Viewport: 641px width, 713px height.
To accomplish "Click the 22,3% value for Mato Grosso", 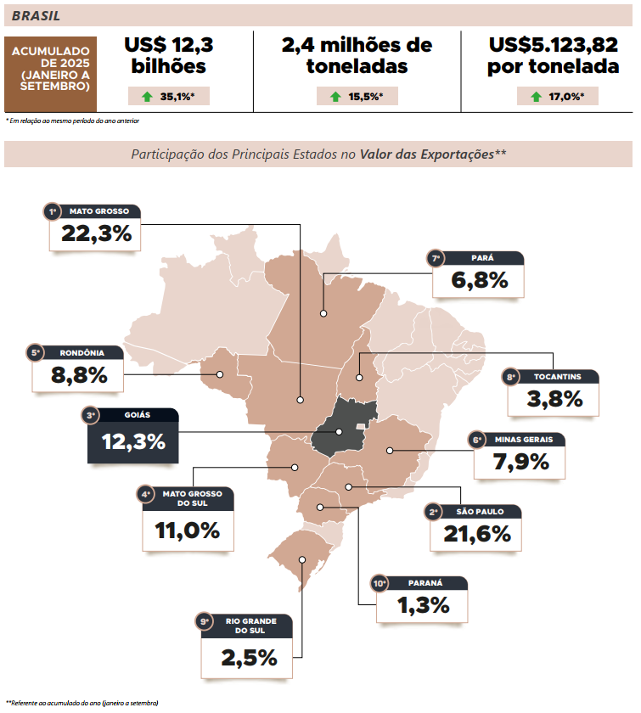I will coord(96,233).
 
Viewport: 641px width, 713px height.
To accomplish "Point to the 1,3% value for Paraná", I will coord(423,605).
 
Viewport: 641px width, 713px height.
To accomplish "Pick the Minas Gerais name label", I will coord(526,440).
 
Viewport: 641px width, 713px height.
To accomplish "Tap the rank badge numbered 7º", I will coord(436,258).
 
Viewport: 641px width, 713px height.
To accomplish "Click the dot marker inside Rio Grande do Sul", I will coord(304,560).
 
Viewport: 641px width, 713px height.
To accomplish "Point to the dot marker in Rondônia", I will coord(219,373).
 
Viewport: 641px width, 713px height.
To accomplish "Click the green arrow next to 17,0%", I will coord(536,96).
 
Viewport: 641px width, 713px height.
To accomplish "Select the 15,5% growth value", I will coord(366,96).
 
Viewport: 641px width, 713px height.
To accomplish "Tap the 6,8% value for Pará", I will coord(480,280).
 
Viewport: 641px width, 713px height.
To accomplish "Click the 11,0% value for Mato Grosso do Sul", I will coord(187,531).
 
